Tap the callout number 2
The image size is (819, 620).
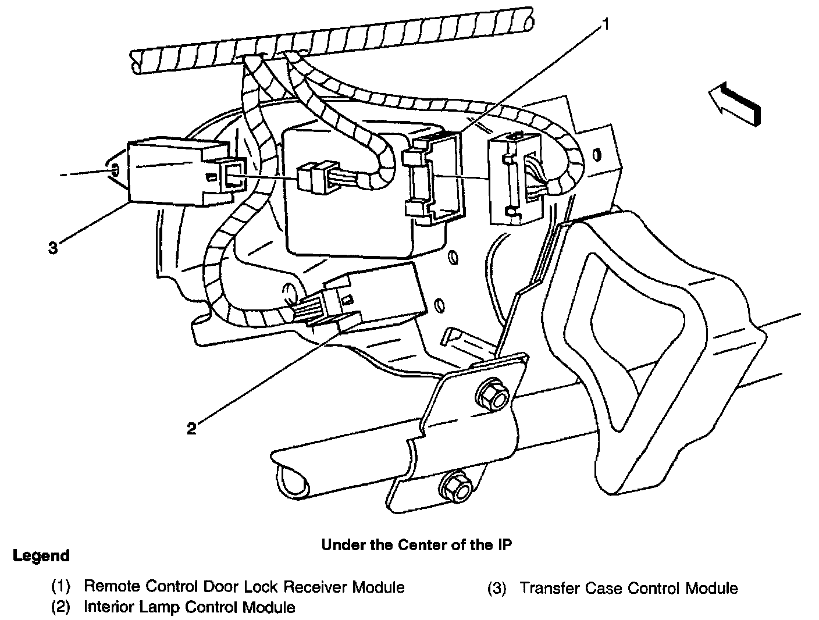coord(191,429)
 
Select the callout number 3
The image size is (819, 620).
coord(54,248)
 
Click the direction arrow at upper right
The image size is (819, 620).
coord(735,103)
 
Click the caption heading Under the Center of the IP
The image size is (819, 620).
coord(416,545)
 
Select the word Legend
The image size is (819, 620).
coord(41,556)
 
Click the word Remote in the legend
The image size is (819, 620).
coord(112,587)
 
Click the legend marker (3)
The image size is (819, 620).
coord(497,589)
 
